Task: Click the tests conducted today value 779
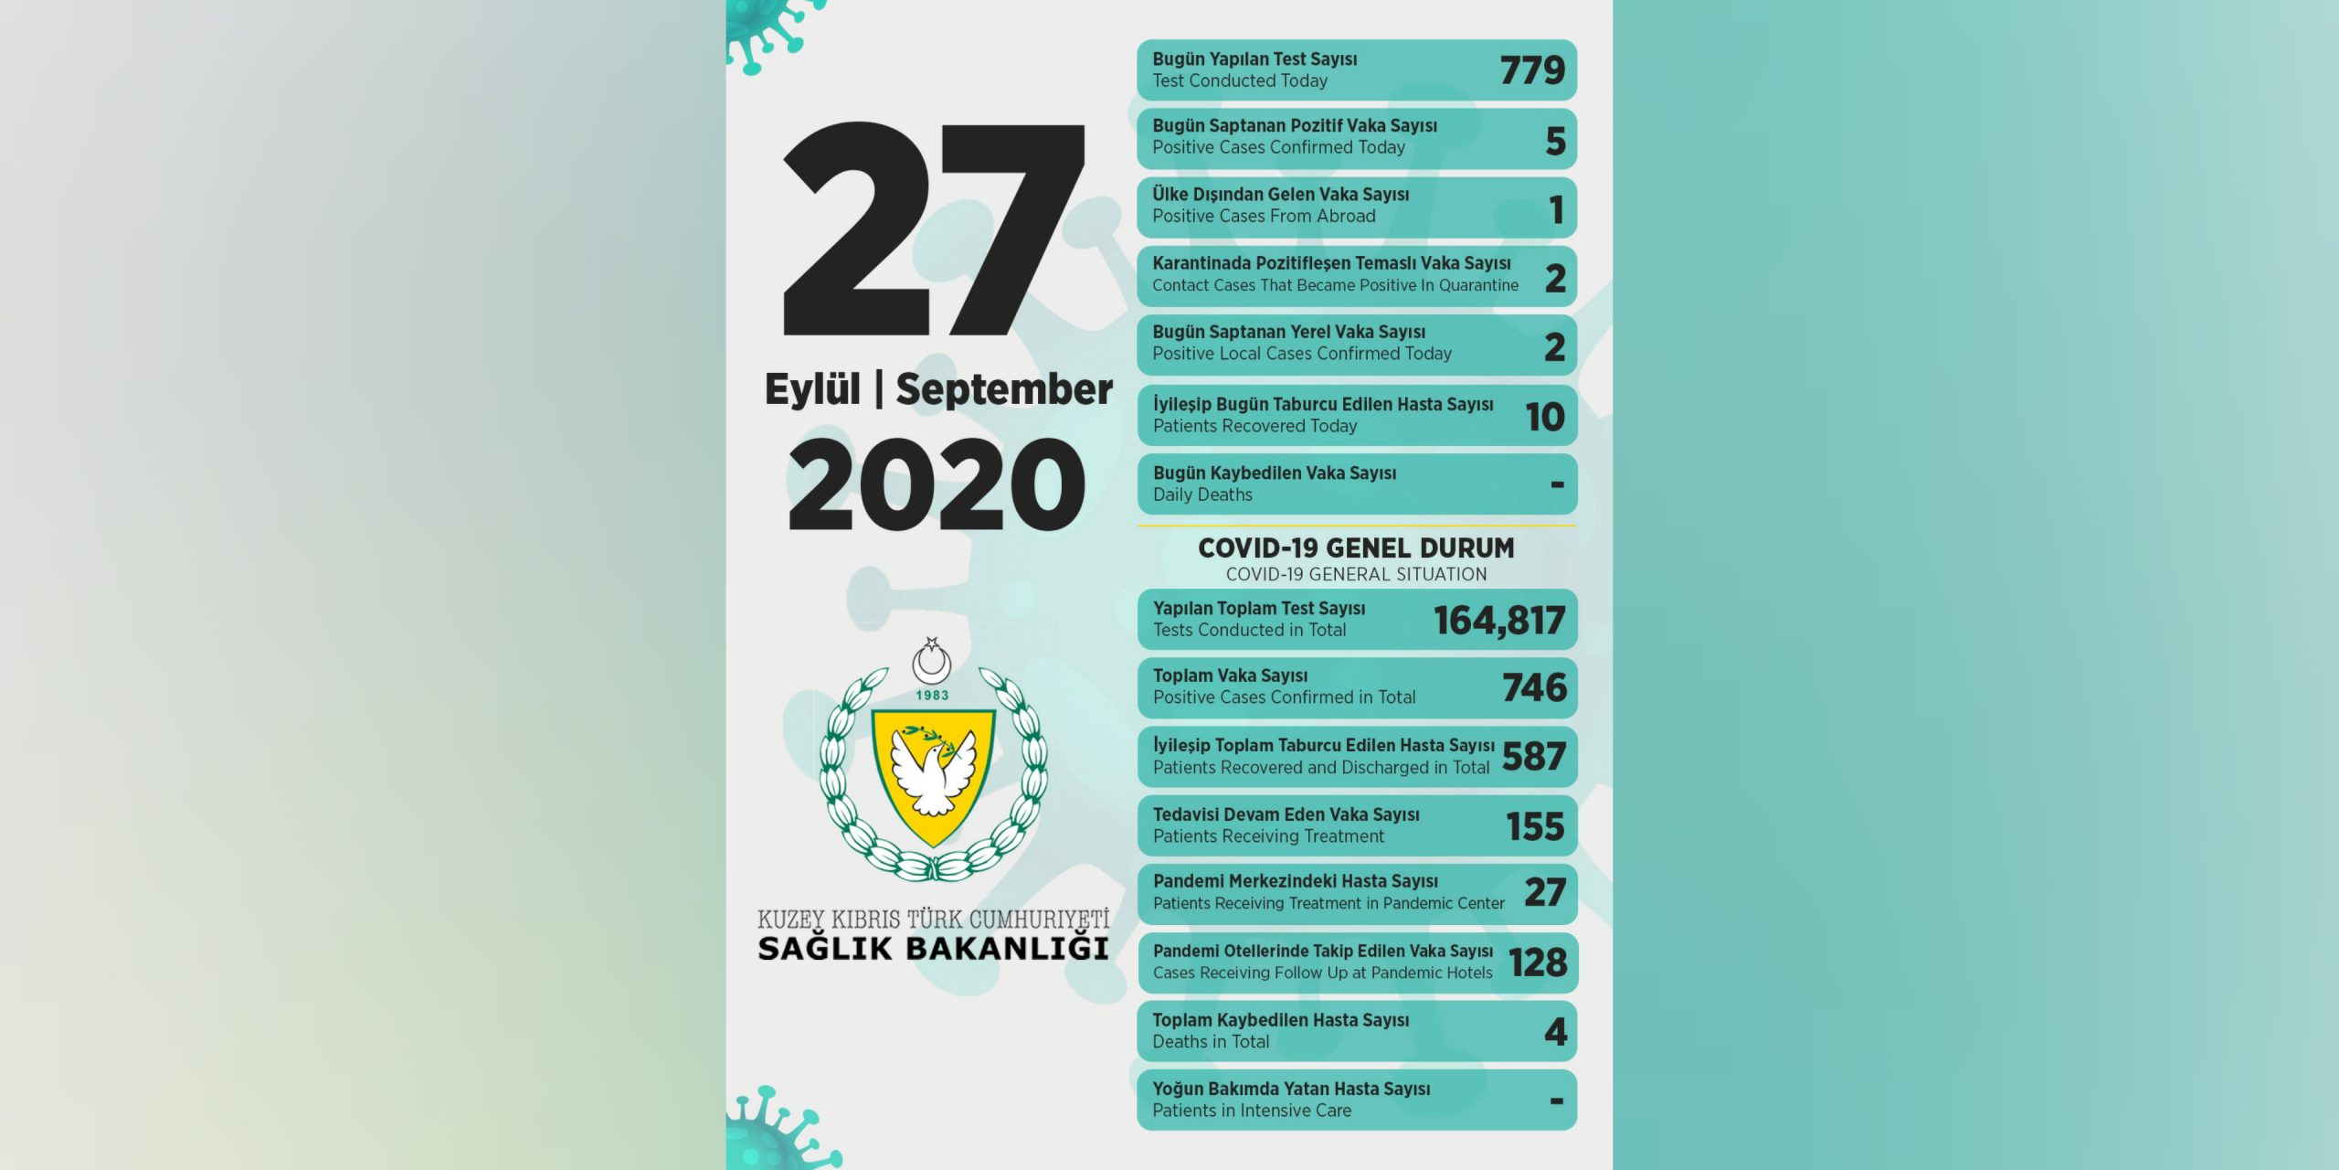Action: coord(1532,70)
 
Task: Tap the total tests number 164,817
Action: coord(1499,621)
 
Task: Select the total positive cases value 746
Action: coord(1534,687)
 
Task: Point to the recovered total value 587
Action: coord(1534,757)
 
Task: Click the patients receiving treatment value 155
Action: coord(1535,826)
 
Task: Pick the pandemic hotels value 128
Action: coord(1538,963)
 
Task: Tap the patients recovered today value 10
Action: coord(1545,417)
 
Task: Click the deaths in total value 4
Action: coord(1555,1032)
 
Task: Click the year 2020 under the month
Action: coord(937,484)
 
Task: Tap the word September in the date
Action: coord(1003,389)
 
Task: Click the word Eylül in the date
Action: coord(812,389)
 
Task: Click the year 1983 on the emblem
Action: coord(932,696)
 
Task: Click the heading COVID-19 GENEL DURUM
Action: coord(1356,548)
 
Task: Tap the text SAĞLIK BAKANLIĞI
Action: coord(933,949)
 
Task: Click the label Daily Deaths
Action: coord(1202,495)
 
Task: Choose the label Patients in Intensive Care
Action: coord(1252,1111)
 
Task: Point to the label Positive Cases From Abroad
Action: coord(1264,217)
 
